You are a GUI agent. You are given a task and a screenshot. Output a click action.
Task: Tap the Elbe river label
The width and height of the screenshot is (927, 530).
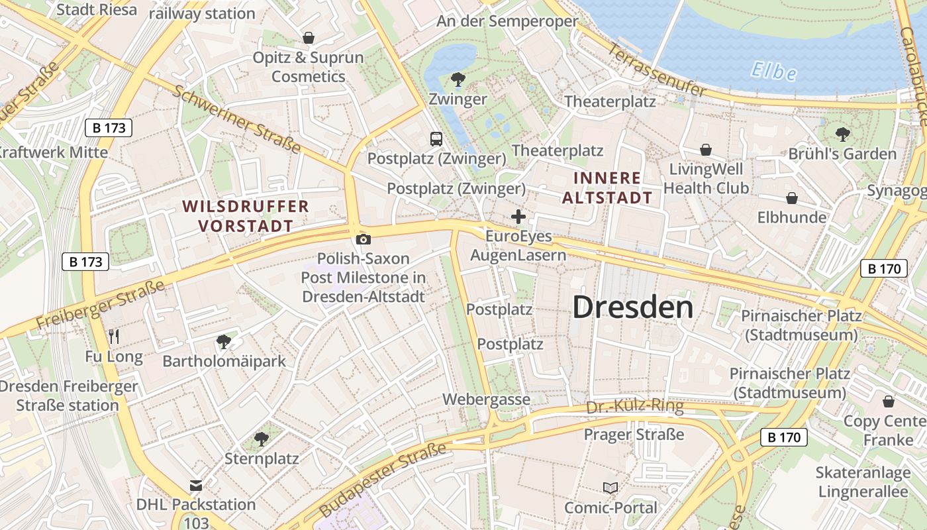[x=773, y=70]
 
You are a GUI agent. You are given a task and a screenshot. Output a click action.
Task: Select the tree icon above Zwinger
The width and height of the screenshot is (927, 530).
[x=458, y=80]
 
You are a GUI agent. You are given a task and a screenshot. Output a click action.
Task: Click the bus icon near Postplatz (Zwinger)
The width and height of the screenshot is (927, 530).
[x=436, y=139]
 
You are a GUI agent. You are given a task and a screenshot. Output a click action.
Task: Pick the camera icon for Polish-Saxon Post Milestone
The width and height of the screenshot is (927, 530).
[x=363, y=239]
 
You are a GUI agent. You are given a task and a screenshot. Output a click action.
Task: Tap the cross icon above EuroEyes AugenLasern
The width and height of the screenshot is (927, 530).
[x=518, y=217]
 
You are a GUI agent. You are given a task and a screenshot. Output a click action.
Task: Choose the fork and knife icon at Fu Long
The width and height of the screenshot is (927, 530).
[x=114, y=337]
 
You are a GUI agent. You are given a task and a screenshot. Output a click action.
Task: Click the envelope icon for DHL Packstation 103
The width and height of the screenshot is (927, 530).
[x=196, y=486]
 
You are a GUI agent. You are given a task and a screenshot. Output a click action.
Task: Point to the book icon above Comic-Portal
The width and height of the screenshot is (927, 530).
[x=610, y=488]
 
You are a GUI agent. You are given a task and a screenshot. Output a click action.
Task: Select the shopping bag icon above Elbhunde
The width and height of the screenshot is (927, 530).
[x=791, y=198]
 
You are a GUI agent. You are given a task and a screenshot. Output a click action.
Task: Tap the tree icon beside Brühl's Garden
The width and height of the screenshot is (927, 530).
[x=842, y=134]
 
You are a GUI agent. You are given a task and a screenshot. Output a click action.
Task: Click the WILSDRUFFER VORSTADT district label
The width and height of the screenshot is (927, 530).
[x=246, y=216]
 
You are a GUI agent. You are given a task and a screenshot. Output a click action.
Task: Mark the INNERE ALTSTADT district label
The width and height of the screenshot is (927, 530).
[x=607, y=187]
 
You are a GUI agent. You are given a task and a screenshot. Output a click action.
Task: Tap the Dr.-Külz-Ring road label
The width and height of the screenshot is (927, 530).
[x=634, y=407]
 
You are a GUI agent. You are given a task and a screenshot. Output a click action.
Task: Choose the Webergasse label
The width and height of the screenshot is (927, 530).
[x=486, y=399]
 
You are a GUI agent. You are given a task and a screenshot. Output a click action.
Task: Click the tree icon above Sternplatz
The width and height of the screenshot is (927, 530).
[x=262, y=439]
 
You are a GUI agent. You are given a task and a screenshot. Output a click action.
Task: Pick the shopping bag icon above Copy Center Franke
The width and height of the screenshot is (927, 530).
[x=888, y=401]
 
